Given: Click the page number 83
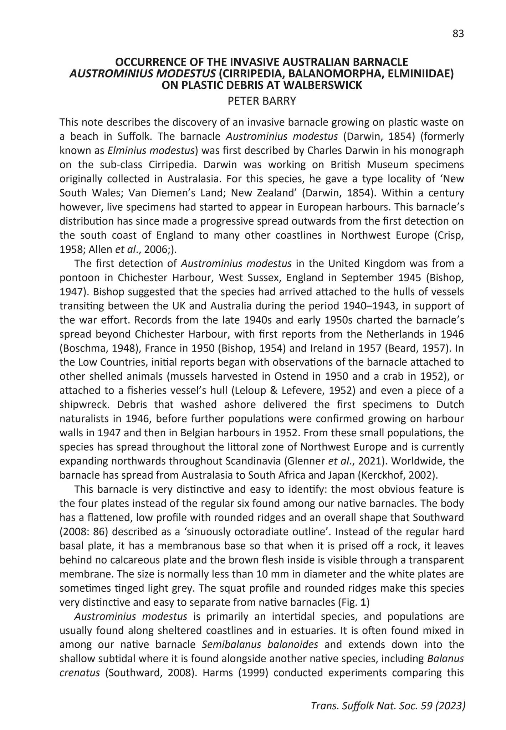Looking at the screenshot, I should [x=458, y=34].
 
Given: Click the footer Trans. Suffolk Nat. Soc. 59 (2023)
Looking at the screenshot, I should [x=388, y=706].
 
